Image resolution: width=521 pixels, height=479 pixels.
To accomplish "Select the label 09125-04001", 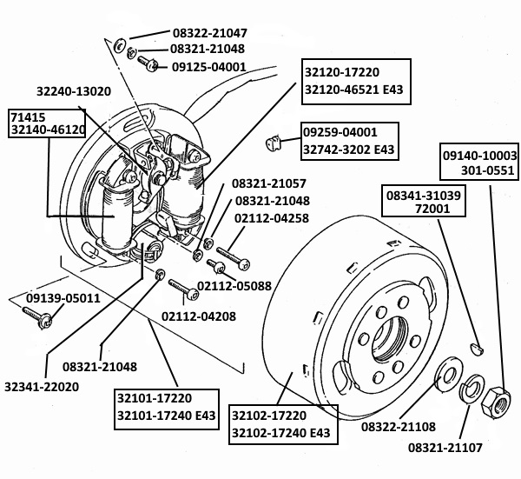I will tap(208, 67).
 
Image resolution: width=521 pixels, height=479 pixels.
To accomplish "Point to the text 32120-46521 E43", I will tap(353, 89).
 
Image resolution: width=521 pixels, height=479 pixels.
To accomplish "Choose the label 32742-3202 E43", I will tap(348, 150).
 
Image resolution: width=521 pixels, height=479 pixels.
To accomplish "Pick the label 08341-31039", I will tap(426, 196).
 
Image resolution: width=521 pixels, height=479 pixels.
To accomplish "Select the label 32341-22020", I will tap(42, 386).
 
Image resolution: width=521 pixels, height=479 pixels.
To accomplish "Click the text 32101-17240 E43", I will tap(166, 416).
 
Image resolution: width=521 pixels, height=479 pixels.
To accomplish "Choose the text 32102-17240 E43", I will tap(279, 433).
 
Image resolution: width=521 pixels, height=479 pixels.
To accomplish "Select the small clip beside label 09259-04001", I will tap(273, 142).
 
